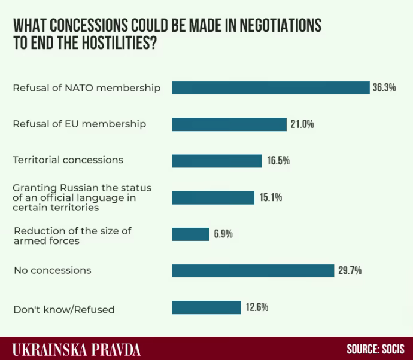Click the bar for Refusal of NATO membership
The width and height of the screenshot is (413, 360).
(x=271, y=88)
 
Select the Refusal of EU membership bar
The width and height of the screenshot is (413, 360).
(x=229, y=124)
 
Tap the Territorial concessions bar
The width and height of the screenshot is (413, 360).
(x=217, y=161)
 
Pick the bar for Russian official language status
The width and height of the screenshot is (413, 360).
(x=213, y=197)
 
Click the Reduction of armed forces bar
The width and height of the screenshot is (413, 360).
(x=190, y=234)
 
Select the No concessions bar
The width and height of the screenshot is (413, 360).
(x=253, y=270)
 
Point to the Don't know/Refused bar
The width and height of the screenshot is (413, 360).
(x=206, y=307)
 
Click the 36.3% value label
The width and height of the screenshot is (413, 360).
(x=384, y=88)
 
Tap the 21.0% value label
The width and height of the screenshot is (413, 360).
(x=302, y=124)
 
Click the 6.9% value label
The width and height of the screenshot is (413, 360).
(x=223, y=234)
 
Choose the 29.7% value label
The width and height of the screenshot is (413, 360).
(x=350, y=270)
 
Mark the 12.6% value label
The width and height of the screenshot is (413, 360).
(x=256, y=307)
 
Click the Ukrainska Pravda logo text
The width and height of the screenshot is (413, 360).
(x=76, y=349)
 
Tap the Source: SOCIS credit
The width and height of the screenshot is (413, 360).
(x=375, y=349)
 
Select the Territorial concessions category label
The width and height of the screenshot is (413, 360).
(x=68, y=160)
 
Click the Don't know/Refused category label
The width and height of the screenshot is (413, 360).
(x=64, y=309)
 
